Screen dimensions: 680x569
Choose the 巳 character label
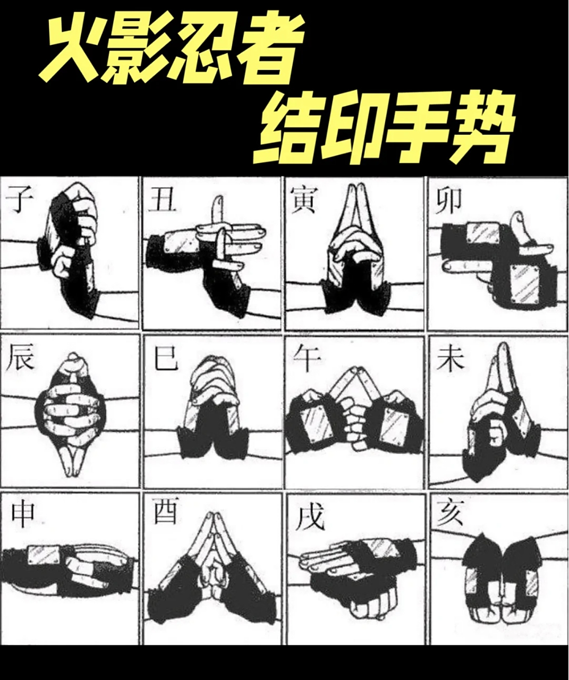pyautogui.click(x=165, y=360)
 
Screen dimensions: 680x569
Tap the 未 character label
pyautogui.click(x=449, y=360)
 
